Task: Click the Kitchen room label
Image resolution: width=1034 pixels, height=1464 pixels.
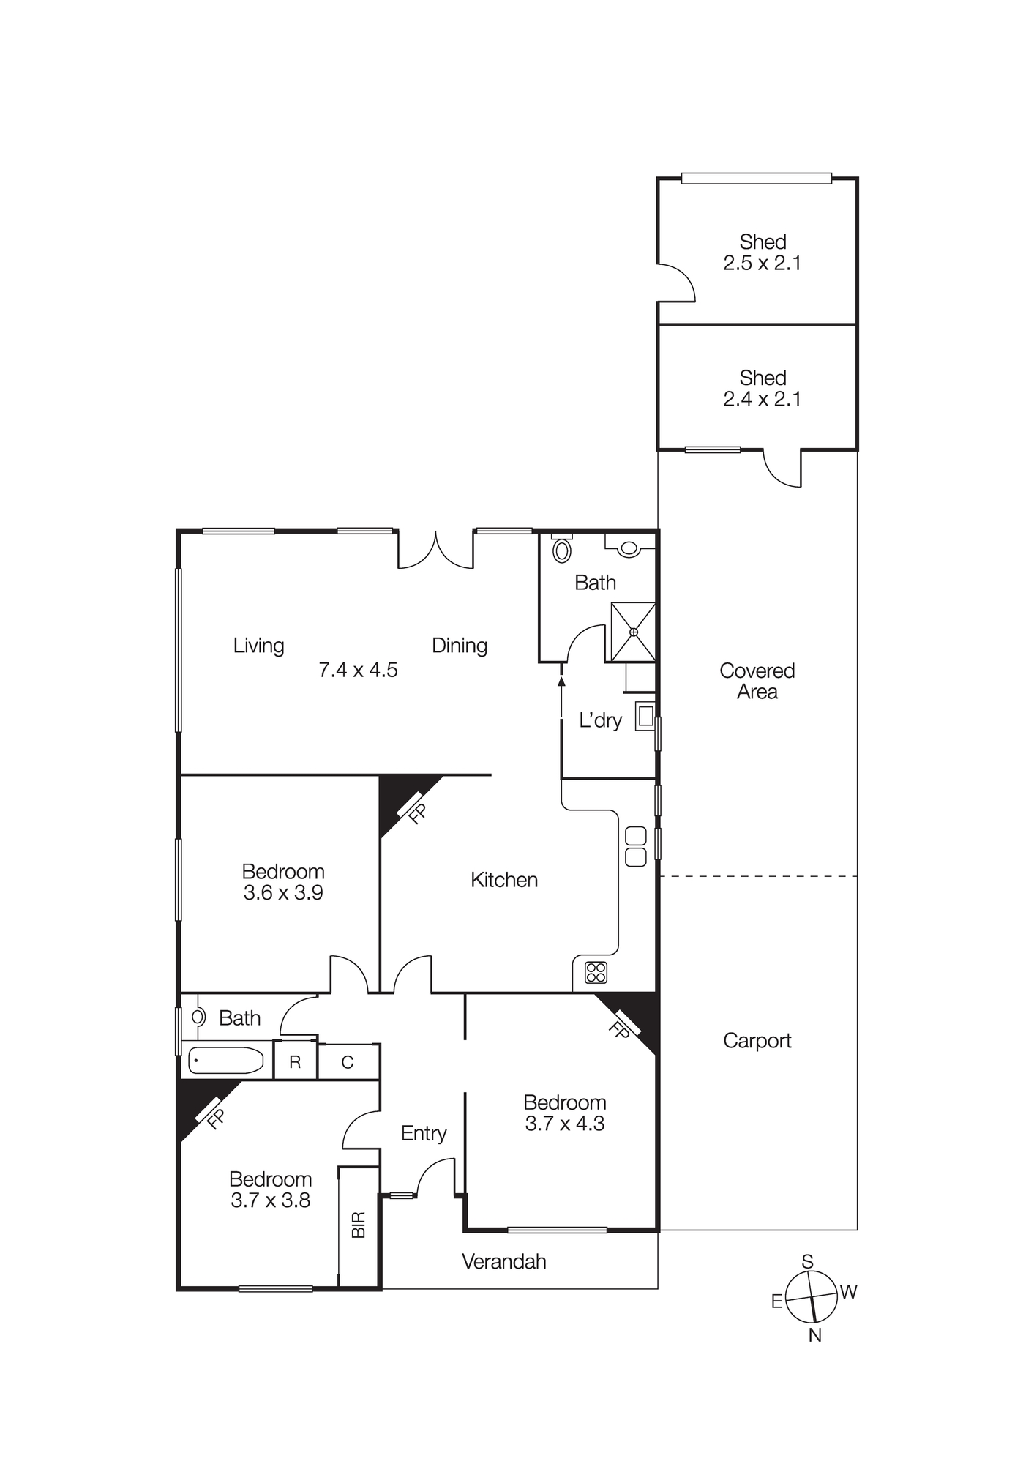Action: pos(503,879)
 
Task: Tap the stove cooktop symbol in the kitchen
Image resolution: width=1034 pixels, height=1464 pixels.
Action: pos(596,972)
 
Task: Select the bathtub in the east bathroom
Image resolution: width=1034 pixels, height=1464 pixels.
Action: pos(226,1060)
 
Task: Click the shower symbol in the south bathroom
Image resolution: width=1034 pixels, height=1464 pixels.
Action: pos(633,631)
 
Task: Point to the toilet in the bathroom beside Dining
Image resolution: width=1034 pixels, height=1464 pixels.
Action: pos(561,549)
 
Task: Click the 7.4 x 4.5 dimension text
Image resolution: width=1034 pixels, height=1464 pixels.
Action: pos(358,670)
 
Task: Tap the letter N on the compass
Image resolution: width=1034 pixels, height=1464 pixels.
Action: pos(815,1335)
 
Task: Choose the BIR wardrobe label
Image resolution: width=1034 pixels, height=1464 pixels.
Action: pos(358,1225)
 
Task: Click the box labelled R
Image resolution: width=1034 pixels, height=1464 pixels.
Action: pos(295,1062)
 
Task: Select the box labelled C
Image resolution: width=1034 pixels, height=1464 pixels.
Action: pos(348,1062)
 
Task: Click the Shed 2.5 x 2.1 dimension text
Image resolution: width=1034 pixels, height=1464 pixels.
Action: pos(762,264)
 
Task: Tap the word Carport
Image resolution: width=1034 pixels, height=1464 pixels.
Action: pos(757,1040)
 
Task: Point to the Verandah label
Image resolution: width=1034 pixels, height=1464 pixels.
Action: pos(503,1261)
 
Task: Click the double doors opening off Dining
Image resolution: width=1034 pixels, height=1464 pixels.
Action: pos(435,550)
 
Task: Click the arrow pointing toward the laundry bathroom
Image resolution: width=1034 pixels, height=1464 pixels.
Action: pos(561,681)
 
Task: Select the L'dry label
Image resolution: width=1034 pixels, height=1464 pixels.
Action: pos(600,720)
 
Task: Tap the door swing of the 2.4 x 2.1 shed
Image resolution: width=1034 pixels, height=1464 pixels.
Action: pos(782,469)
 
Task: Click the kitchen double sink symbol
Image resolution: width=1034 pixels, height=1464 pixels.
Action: pos(636,846)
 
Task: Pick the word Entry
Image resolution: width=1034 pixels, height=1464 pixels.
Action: pos(424,1133)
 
